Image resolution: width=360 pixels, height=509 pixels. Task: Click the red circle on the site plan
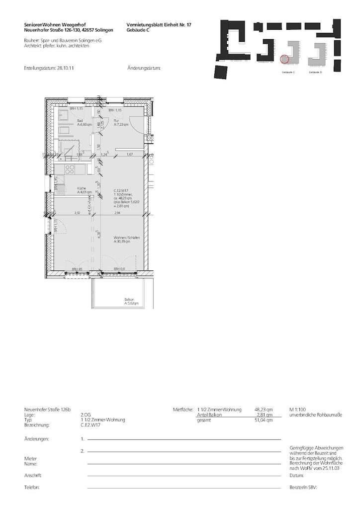tap(284, 59)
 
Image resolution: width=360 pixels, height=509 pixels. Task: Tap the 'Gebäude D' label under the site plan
tap(315, 73)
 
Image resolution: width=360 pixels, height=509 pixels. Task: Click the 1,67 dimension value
tap(129, 155)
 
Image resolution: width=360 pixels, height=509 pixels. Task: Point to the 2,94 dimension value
tap(117, 213)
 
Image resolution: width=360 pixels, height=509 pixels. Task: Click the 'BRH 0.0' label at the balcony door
tap(119, 269)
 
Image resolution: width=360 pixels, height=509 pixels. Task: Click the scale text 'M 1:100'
tap(297, 410)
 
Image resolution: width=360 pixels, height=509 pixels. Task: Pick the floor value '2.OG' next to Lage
tap(86, 415)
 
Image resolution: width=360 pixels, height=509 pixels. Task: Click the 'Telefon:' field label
tap(32, 487)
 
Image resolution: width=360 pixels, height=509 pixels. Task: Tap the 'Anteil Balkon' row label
tap(209, 415)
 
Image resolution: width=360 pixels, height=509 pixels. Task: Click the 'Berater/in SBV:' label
tap(303, 487)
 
